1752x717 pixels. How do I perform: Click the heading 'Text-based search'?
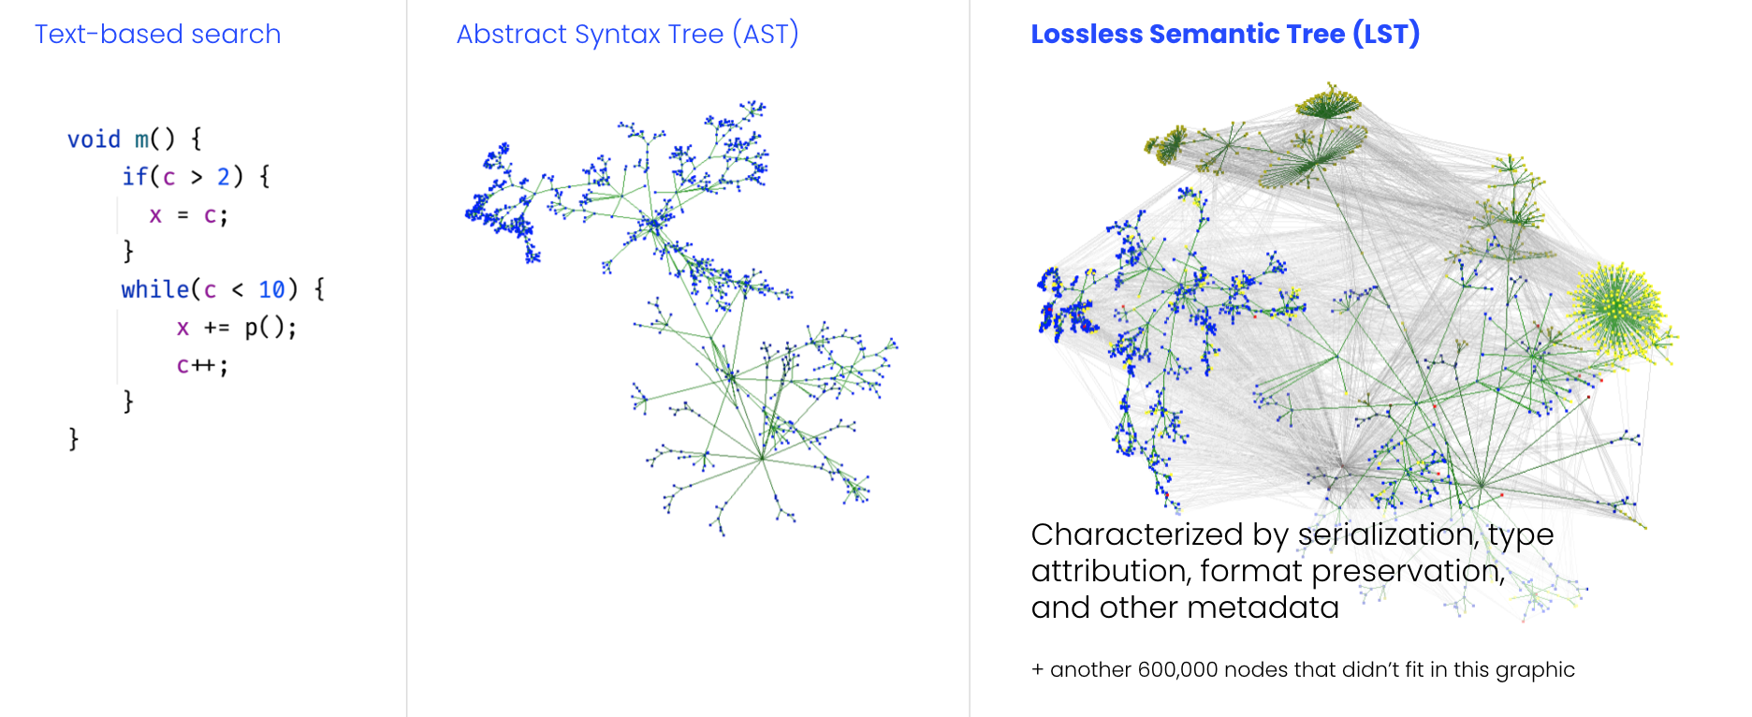pos(157,35)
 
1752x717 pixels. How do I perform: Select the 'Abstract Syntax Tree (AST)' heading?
pos(627,35)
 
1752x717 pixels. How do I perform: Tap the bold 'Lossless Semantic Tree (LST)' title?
pos(1225,35)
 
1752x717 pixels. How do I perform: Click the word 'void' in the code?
pos(94,139)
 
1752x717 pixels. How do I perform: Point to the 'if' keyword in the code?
pos(135,176)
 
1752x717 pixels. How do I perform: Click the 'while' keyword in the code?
pos(154,289)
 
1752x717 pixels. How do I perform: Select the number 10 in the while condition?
pos(271,290)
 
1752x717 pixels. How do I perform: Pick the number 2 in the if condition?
pos(224,177)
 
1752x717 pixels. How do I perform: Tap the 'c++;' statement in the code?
pos(202,365)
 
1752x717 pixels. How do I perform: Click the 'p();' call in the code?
pos(270,328)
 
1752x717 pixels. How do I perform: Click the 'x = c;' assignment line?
pos(188,215)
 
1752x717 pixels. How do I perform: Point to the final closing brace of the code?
pos(73,439)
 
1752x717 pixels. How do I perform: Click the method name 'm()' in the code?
pos(154,139)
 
